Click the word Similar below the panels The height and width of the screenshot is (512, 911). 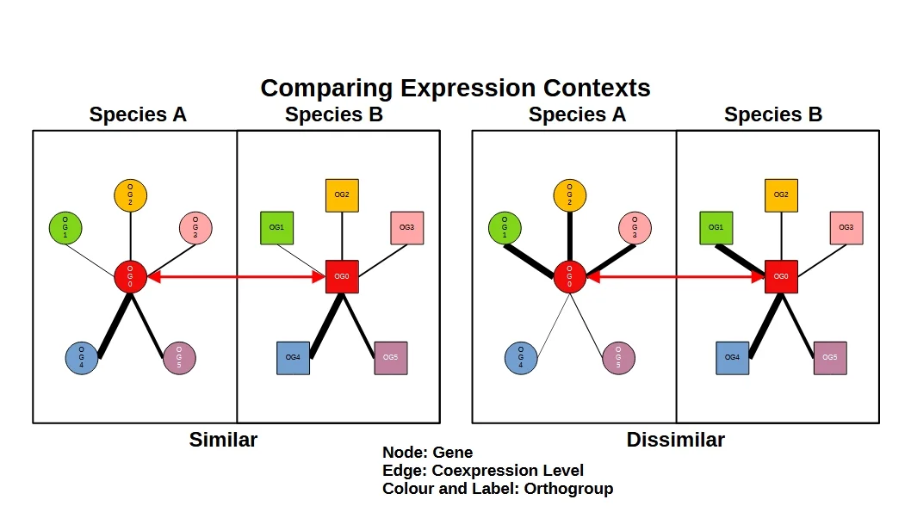click(x=223, y=440)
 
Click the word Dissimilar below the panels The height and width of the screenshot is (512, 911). click(x=675, y=440)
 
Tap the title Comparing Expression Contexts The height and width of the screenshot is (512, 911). click(x=455, y=88)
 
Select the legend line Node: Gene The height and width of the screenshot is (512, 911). click(x=427, y=453)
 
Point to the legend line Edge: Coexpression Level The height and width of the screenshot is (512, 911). click(x=482, y=471)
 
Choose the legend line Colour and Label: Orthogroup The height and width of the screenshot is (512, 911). click(x=497, y=489)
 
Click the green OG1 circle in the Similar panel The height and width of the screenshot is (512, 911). click(x=65, y=228)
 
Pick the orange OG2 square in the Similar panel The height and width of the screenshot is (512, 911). click(x=342, y=195)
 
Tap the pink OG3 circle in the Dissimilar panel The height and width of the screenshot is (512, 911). click(x=635, y=228)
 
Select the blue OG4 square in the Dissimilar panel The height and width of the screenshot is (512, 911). click(x=732, y=357)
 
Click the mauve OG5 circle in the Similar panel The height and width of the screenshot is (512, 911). click(x=179, y=358)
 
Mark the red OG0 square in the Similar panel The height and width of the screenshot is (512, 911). click(x=342, y=276)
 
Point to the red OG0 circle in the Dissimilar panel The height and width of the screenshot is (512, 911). click(x=569, y=276)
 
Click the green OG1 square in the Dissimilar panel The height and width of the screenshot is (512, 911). click(x=716, y=228)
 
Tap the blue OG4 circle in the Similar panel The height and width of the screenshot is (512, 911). click(x=82, y=358)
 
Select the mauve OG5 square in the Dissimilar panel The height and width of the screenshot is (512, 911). click(x=830, y=357)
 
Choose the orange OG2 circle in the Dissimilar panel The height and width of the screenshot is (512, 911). click(x=569, y=196)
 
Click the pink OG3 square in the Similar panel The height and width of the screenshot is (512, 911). click(x=407, y=228)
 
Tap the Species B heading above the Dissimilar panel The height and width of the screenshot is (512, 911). click(x=772, y=114)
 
